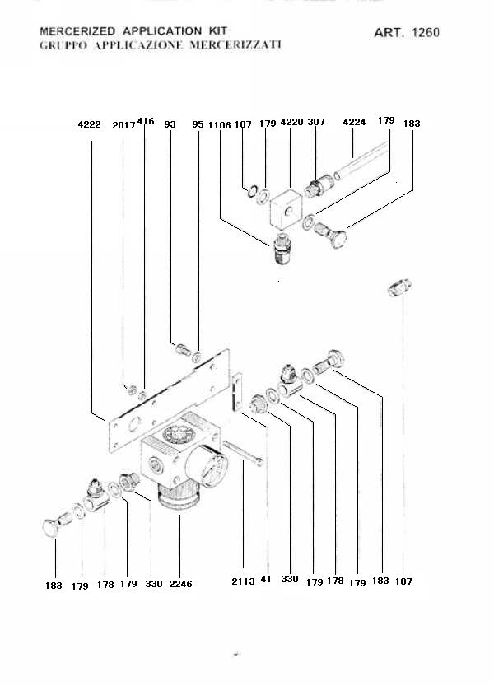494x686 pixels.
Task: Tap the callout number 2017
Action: [123, 124]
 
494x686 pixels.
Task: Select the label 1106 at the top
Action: [220, 124]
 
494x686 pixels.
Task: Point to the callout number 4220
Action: [292, 122]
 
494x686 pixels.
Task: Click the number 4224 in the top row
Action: [353, 122]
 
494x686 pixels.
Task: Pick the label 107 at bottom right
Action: [403, 581]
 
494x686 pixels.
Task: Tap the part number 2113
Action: [243, 581]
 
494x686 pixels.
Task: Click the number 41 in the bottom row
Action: [265, 581]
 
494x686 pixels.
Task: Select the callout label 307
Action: [316, 122]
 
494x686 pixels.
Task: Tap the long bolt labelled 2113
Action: [242, 453]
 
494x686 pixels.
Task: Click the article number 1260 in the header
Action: [426, 33]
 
